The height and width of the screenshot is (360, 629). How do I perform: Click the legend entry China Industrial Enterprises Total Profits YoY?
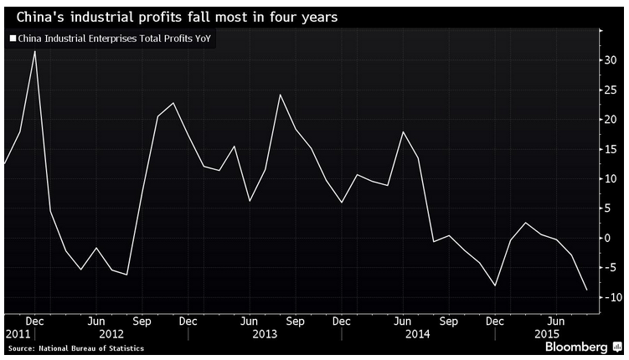[113, 39]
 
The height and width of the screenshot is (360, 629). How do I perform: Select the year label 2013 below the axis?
[264, 334]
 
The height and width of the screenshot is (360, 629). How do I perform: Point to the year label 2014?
[417, 334]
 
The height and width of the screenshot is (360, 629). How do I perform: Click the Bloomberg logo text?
[575, 347]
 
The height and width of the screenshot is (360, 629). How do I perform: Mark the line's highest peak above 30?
[34, 51]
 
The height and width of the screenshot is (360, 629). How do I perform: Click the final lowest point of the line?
[587, 290]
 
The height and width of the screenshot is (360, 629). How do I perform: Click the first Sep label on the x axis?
[141, 321]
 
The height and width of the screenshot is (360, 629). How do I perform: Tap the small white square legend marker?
[12, 39]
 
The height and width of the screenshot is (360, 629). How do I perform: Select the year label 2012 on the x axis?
[111, 334]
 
